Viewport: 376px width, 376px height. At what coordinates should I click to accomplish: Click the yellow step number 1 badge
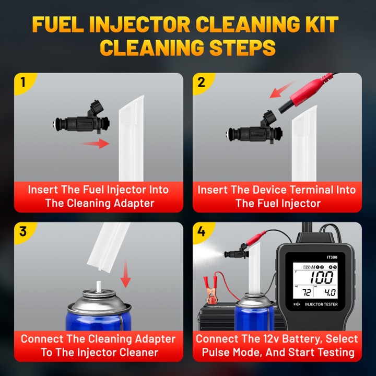[x=23, y=83]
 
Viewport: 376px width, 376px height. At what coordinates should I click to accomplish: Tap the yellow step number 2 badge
[x=202, y=83]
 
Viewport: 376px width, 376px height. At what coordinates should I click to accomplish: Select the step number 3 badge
[x=23, y=232]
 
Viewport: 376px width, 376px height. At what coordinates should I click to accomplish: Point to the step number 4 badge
[x=202, y=232]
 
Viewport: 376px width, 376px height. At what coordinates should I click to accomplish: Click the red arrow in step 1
[x=95, y=144]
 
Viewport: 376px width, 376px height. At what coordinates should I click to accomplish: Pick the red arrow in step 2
[x=282, y=90]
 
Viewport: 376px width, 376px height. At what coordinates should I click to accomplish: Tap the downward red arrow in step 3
[x=125, y=273]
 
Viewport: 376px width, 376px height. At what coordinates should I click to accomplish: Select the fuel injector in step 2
[x=254, y=130]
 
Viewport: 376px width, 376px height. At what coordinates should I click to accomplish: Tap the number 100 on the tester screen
[x=322, y=278]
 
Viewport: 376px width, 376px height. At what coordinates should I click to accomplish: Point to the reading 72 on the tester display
[x=306, y=292]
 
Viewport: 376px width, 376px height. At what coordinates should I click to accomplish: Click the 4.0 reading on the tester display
[x=330, y=292]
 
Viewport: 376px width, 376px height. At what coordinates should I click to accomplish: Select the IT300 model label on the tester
[x=332, y=257]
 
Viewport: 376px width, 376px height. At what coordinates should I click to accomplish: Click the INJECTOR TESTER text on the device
[x=321, y=304]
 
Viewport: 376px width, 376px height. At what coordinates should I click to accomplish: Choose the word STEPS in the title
[x=242, y=47]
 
